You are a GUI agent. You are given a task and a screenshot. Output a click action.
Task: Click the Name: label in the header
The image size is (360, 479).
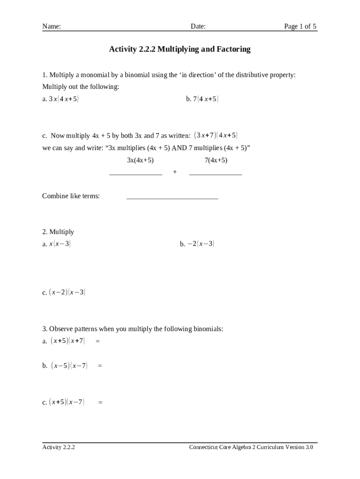[x=51, y=27]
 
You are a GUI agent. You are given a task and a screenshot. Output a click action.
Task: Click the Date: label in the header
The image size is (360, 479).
[x=198, y=27]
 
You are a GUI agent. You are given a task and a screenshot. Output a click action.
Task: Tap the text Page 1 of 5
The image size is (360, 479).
[x=300, y=27]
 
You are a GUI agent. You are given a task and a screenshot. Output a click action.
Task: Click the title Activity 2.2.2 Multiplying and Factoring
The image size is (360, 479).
[x=180, y=49]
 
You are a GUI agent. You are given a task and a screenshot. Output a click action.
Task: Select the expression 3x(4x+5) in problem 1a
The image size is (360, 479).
[x=64, y=99]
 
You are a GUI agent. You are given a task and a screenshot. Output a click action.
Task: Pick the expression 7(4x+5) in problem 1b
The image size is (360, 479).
[x=206, y=99]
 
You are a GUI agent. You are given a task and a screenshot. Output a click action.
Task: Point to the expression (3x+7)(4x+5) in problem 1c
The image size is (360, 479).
[x=216, y=136]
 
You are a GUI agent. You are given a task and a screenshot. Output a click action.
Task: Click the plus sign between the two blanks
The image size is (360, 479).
[x=175, y=172]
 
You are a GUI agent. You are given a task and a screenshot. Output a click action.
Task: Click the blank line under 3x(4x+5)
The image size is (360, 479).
[x=136, y=174]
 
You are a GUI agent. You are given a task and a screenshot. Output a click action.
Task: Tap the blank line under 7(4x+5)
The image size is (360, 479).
[x=216, y=174]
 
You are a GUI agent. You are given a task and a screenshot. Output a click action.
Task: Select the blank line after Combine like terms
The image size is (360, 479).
[x=172, y=198]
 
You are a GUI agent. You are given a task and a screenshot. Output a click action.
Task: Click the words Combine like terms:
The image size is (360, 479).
[x=71, y=196]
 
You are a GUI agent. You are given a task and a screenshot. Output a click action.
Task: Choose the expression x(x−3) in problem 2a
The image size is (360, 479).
[x=60, y=244]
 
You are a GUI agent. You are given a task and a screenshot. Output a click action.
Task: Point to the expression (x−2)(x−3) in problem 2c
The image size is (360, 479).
[x=67, y=293]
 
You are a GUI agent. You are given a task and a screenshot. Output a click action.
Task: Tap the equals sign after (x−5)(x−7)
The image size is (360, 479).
[x=100, y=366]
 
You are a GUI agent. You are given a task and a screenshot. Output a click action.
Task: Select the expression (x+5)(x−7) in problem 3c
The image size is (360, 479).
[x=67, y=402]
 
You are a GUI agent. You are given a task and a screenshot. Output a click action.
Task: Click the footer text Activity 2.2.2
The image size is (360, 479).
[x=59, y=447]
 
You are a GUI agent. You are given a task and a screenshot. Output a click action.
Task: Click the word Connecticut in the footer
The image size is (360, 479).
[x=203, y=447]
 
